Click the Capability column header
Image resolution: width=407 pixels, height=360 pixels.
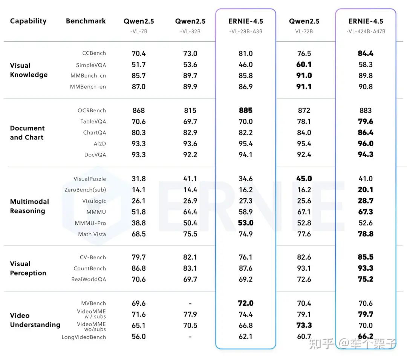click(28, 21)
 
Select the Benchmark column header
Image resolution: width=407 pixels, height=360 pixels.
click(86, 21)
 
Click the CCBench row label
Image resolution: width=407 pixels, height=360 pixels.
click(94, 54)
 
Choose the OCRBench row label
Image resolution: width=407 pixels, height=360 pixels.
click(92, 110)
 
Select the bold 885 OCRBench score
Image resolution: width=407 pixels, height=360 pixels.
click(245, 110)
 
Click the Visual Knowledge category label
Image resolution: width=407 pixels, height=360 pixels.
click(29, 70)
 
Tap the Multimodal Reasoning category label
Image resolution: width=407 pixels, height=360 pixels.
click(29, 206)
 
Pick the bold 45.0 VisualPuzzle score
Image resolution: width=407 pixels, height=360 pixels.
click(304, 179)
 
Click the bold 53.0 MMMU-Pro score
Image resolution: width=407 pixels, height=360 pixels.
click(245, 223)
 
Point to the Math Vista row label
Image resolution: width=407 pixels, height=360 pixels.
click(92, 234)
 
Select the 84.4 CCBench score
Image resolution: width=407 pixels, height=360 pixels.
click(366, 54)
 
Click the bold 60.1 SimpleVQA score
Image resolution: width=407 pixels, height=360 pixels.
click(304, 64)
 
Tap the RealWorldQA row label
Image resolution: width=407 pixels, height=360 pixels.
click(89, 279)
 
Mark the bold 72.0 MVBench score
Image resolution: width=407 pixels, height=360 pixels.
click(245, 303)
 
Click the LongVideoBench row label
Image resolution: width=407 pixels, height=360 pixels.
click(84, 337)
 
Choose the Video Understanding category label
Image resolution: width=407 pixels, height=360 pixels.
click(35, 320)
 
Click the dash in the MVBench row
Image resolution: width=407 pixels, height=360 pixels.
click(190, 303)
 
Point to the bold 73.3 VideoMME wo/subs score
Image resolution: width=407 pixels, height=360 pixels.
click(304, 325)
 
